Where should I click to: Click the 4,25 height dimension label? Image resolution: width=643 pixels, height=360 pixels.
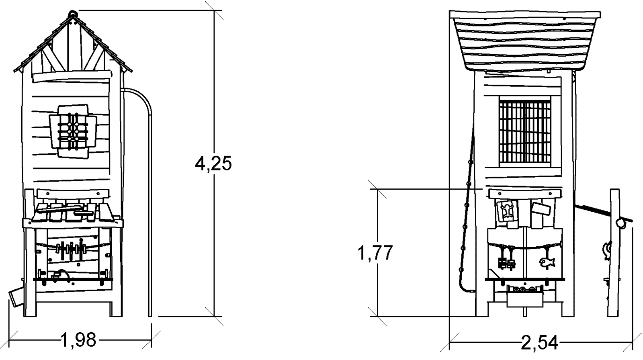213,164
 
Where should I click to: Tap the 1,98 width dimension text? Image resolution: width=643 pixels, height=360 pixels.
78,340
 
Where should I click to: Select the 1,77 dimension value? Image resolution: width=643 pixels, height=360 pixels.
375,253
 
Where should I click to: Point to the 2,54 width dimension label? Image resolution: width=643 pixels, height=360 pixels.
539,343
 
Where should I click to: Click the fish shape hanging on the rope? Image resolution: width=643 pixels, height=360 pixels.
547,262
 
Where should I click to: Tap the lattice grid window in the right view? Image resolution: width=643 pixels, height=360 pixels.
525,131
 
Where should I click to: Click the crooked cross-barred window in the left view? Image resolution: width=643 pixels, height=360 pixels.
73,131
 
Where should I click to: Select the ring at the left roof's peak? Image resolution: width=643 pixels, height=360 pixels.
72,14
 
